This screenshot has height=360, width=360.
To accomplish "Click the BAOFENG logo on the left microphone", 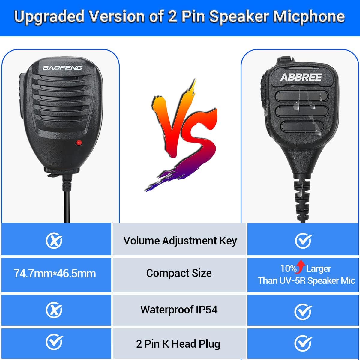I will pyautogui.click(x=62, y=68).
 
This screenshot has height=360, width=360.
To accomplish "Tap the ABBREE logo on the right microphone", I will pyautogui.click(x=301, y=77).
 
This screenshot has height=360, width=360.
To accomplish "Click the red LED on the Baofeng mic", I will pyautogui.click(x=79, y=142).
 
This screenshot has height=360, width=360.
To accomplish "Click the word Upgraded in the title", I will pyautogui.click(x=49, y=17).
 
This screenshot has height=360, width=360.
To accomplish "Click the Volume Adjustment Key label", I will pyautogui.click(x=180, y=241).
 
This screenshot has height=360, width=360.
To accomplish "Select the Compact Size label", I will pyautogui.click(x=179, y=273).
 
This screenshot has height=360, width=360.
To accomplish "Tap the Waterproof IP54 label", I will pyautogui.click(x=179, y=310).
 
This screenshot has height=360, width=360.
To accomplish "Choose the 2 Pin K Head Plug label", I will pyautogui.click(x=178, y=344).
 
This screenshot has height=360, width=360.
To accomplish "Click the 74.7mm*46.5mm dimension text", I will pyautogui.click(x=55, y=274).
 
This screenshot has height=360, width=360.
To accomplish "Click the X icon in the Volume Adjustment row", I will pyautogui.click(x=54, y=241).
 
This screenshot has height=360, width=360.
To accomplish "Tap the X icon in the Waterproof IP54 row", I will pyautogui.click(x=54, y=310).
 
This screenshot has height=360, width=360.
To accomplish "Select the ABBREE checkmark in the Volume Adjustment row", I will pyautogui.click(x=303, y=241).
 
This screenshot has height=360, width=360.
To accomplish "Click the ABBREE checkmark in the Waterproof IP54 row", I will pyautogui.click(x=303, y=312).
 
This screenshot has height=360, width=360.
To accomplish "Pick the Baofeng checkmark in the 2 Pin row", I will pyautogui.click(x=54, y=342).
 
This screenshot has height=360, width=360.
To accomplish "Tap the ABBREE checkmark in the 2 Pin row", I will pyautogui.click(x=303, y=343).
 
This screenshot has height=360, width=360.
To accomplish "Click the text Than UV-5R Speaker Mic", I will pyautogui.click(x=306, y=281).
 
